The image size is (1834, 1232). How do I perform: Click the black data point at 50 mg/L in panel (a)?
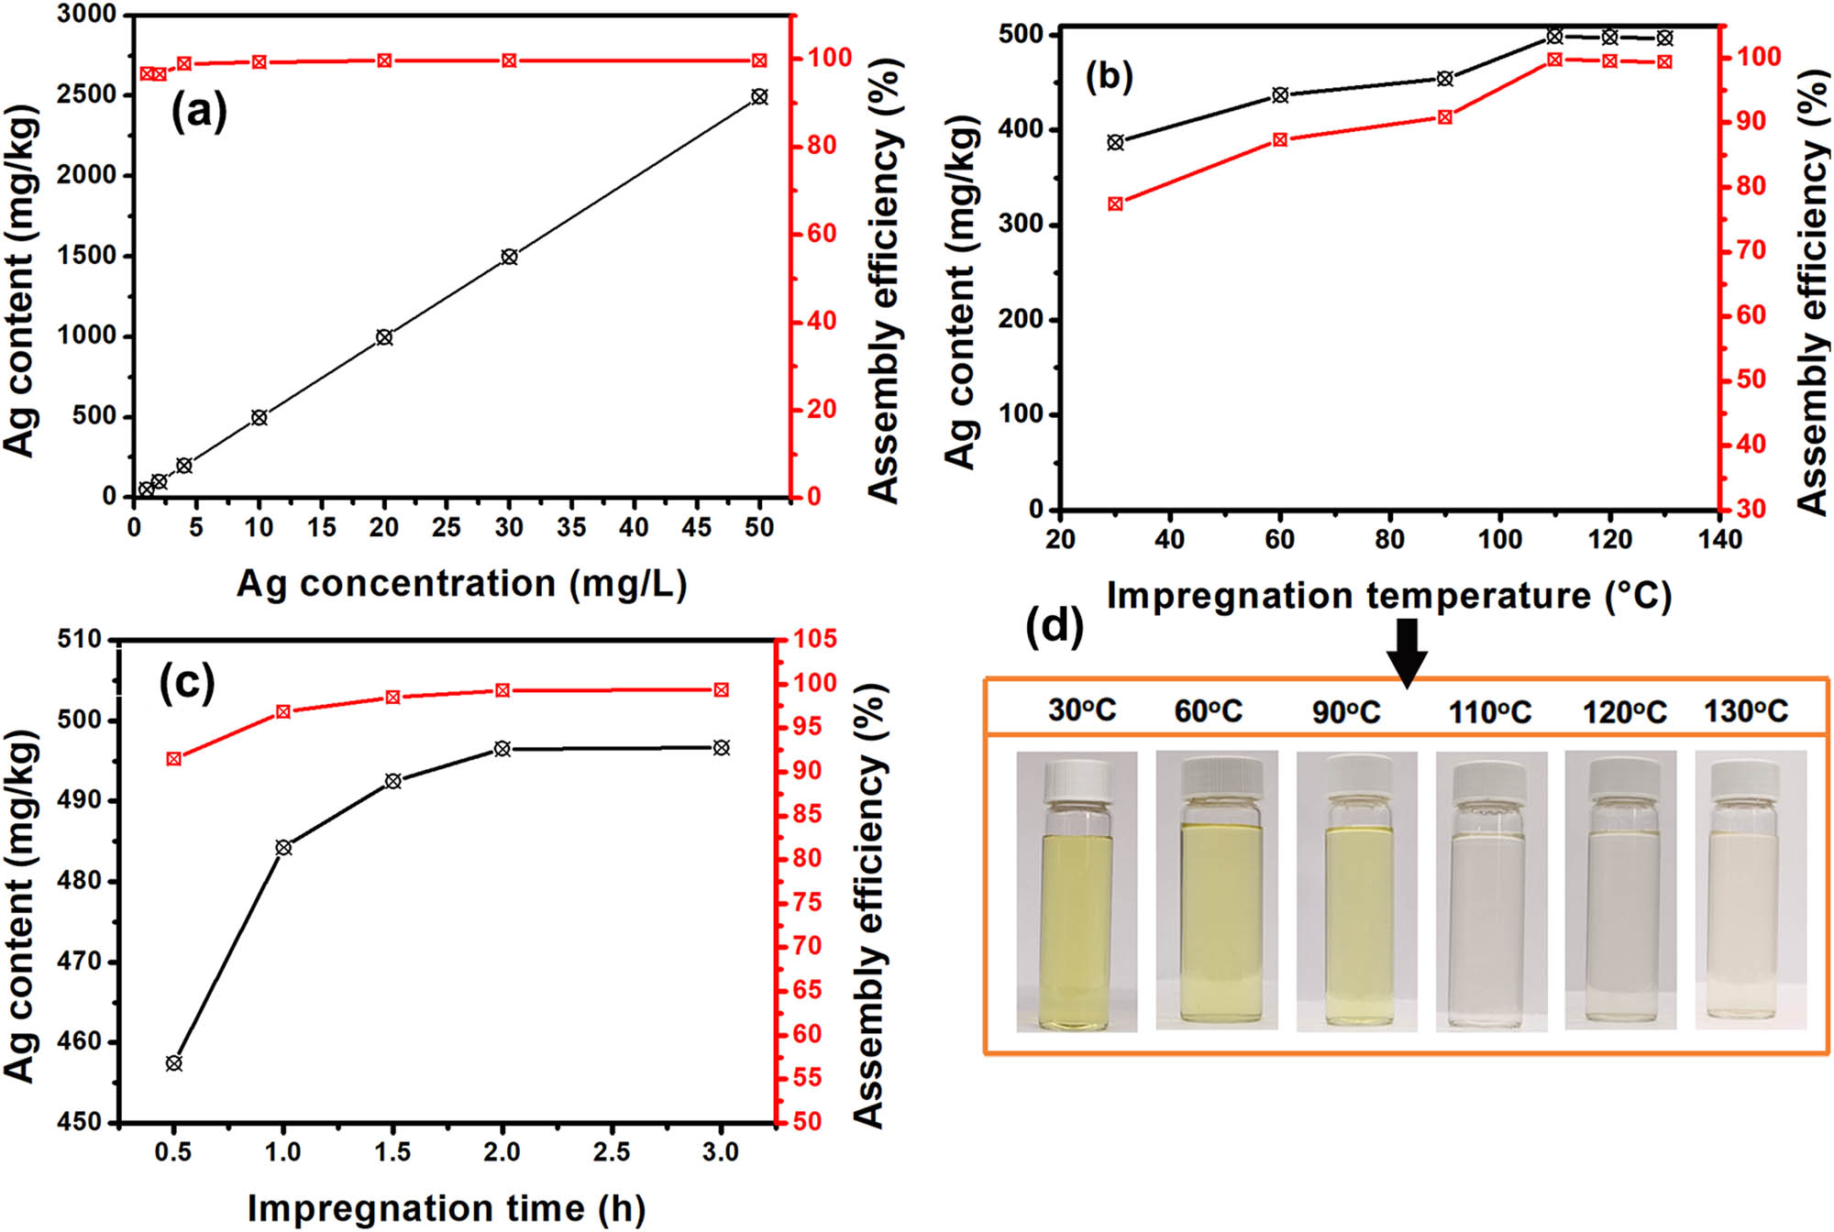pos(759,96)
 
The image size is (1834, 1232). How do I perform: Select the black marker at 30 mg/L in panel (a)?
pos(509,257)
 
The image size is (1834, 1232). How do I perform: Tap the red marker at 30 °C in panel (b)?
pos(1115,203)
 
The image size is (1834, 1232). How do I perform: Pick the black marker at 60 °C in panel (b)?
pos(1280,94)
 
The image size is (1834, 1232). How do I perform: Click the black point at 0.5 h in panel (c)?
pos(173,1063)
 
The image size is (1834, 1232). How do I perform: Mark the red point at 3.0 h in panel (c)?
pos(721,689)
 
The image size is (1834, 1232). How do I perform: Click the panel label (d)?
pos(1054,627)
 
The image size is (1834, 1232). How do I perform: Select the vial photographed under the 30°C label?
pos(1077,894)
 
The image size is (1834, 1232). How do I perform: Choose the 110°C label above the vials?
pos(1489,711)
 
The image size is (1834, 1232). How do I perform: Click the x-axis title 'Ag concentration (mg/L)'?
pos(461,584)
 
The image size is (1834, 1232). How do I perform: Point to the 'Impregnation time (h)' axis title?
pos(446,1208)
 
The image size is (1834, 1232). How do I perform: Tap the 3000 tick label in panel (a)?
pos(87,15)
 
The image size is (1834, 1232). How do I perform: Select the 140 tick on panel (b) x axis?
pos(1719,539)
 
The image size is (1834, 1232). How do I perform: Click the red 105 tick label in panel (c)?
pos(814,639)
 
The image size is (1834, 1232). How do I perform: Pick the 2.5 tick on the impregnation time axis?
pos(611,1151)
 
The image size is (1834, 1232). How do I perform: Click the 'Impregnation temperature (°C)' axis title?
pos(1388,596)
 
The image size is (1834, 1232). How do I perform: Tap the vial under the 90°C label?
pos(1356,894)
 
